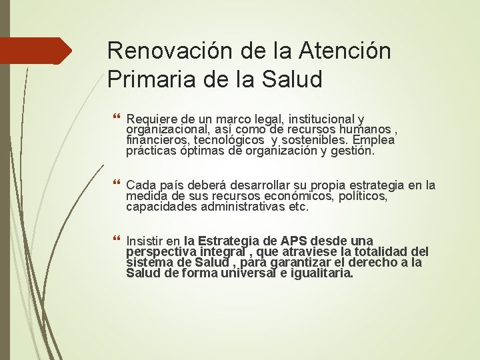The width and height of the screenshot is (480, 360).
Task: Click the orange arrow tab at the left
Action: point(36,51)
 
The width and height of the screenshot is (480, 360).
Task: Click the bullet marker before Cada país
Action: point(117,185)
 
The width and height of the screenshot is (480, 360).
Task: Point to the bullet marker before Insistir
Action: point(117,241)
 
